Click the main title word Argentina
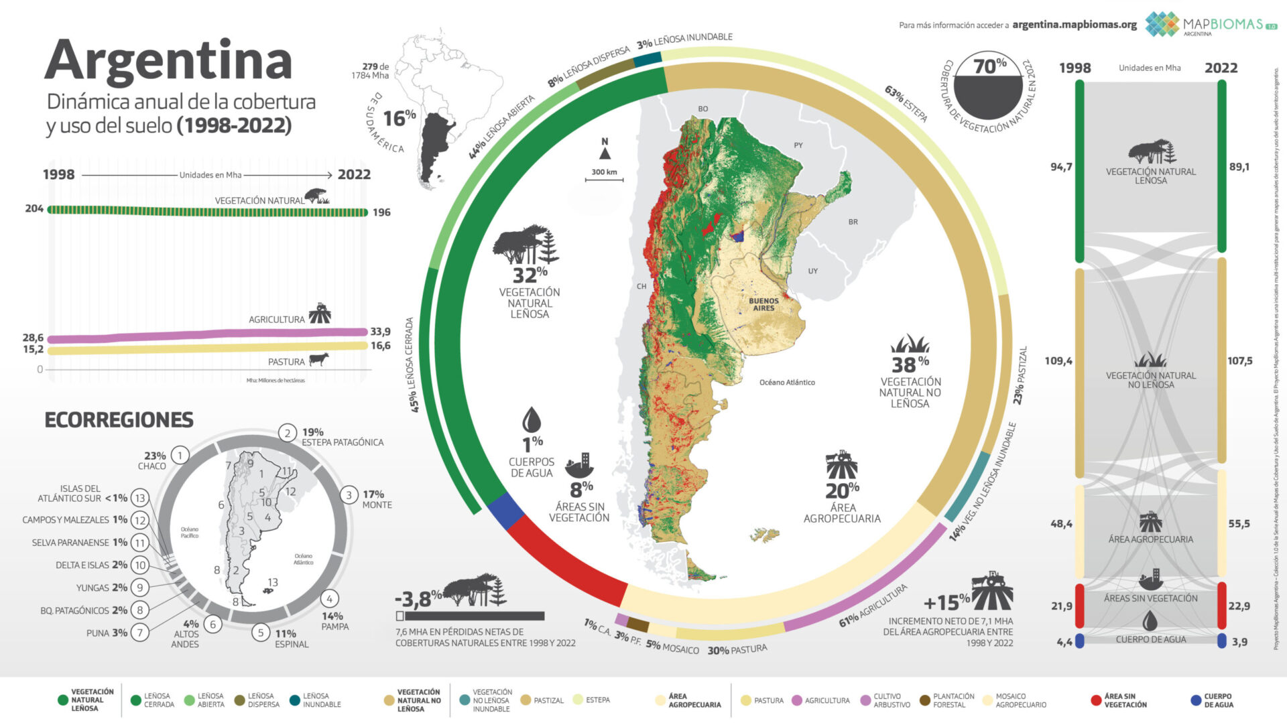[168, 62]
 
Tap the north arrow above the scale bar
[605, 153]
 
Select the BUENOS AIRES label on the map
[763, 305]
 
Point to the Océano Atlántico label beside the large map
[787, 383]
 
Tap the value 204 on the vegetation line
[34, 209]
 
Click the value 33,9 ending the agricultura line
[380, 332]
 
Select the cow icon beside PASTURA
[319, 360]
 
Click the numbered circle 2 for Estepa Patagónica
[288, 433]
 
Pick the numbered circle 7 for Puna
[139, 633]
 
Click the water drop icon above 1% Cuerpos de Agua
[532, 420]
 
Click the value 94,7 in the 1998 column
[1061, 167]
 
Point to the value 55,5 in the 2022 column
[1239, 524]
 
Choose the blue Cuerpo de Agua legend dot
[1195, 701]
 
